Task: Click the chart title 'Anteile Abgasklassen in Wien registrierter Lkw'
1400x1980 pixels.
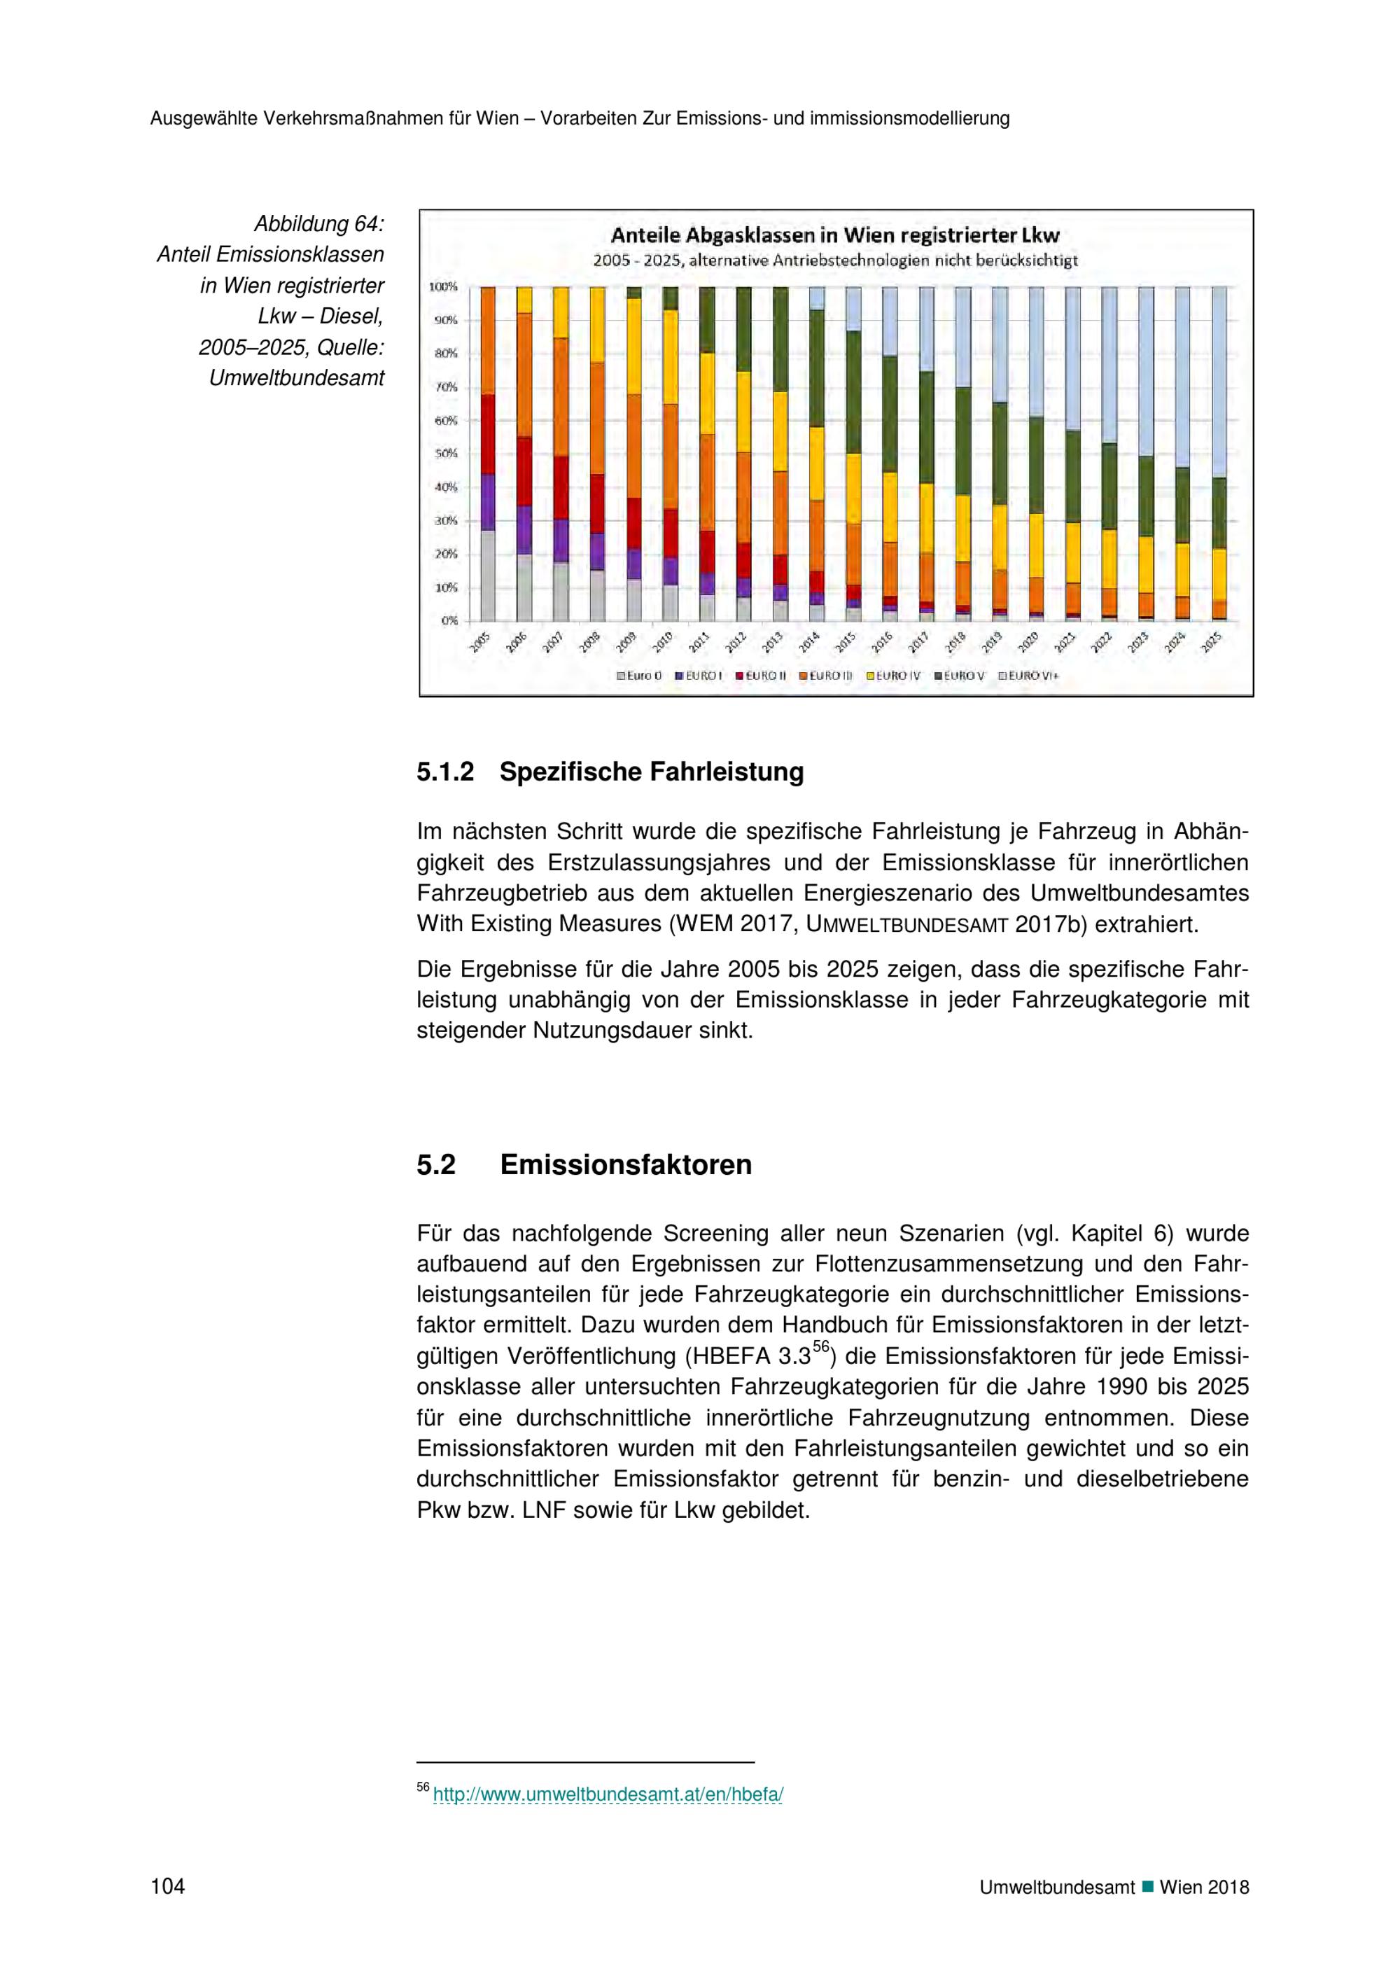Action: tap(834, 235)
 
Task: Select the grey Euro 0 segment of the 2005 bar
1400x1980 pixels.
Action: tap(488, 576)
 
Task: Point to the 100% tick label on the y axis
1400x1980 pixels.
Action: tap(443, 286)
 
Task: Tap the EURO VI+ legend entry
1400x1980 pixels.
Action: tap(1028, 676)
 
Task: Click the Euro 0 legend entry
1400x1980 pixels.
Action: tap(639, 676)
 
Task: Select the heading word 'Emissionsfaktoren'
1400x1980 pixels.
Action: tap(626, 1165)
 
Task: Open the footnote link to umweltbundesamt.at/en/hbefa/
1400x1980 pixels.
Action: tap(608, 1794)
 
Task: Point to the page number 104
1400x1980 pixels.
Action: tap(167, 1887)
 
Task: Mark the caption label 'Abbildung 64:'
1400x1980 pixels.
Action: tap(318, 224)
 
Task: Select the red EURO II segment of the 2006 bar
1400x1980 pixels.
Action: tap(524, 471)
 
